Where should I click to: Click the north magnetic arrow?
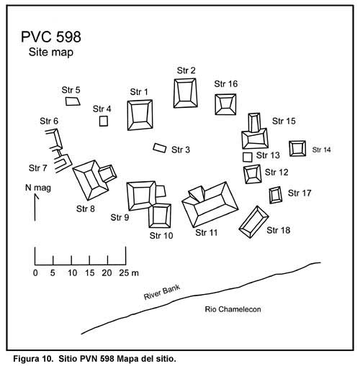point(35,207)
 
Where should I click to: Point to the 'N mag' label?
point(38,188)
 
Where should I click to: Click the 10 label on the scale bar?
point(72,273)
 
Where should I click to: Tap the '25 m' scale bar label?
point(129,273)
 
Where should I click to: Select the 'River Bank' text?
point(162,292)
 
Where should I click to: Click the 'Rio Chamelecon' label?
point(233,309)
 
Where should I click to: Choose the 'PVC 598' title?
point(51,37)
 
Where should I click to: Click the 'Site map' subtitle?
point(51,52)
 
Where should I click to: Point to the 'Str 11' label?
point(207,232)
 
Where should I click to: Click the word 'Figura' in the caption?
point(27,359)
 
